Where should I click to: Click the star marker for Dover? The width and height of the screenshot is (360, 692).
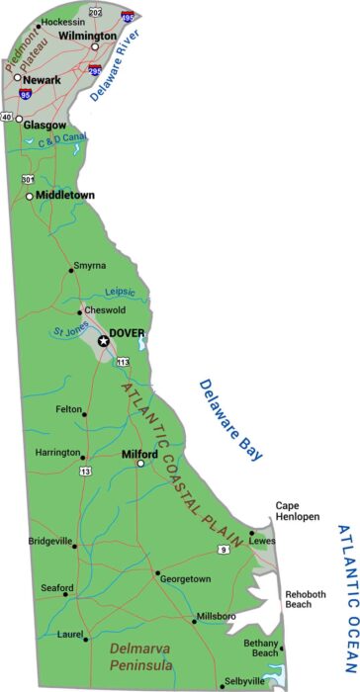103,340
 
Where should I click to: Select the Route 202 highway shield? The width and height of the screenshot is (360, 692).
95,12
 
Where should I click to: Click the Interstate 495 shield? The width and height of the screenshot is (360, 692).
129,16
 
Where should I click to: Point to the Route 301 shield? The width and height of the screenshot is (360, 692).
28,179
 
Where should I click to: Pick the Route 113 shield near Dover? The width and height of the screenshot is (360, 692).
123,364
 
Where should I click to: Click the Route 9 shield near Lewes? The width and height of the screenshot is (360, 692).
225,548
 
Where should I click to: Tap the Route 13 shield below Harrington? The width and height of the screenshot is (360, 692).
86,472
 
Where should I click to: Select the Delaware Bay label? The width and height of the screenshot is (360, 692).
230,419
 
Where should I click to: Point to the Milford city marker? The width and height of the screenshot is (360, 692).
140,463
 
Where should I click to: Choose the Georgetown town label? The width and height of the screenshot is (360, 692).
186,578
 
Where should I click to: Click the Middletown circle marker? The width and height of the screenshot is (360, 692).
30,196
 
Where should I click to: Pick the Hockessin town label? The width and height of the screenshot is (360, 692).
62,21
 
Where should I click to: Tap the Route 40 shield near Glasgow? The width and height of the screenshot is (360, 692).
7,118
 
